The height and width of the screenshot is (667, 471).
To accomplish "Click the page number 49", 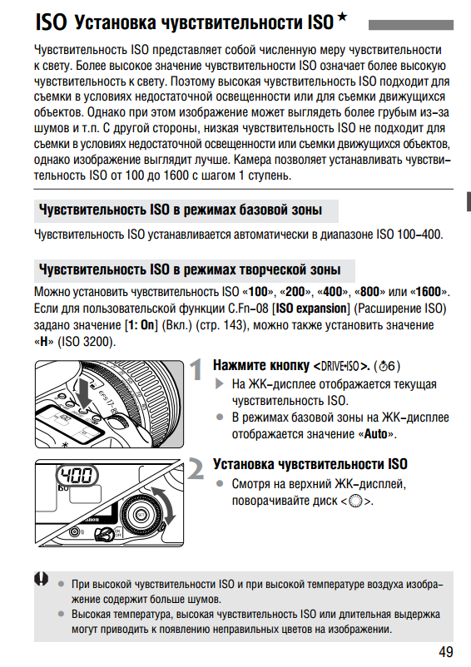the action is pos(445,652).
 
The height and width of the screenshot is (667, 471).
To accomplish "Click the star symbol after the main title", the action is pos(342,17).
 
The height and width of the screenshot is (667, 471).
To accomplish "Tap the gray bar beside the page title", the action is pos(410,25).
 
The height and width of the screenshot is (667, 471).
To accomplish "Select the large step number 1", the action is pos(196,369).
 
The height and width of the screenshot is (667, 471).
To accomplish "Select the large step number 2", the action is pos(196,469).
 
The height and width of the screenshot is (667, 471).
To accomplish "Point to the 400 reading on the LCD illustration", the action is pos(77,476).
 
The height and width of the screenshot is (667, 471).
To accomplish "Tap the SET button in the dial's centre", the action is pos(141,515).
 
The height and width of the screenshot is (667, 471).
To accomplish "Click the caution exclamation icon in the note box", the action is pos(42,579).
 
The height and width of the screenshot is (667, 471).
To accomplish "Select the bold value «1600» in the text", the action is pos(429,292).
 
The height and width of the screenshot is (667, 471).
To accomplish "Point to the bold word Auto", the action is pos(375,434).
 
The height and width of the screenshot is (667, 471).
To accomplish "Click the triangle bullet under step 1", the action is pos(220,383).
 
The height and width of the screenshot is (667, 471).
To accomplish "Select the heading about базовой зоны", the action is pos(181,210).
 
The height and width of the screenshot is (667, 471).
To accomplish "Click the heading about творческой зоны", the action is pos(190,269).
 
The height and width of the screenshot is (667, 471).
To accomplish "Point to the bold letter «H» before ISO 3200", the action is pos(44,342).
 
